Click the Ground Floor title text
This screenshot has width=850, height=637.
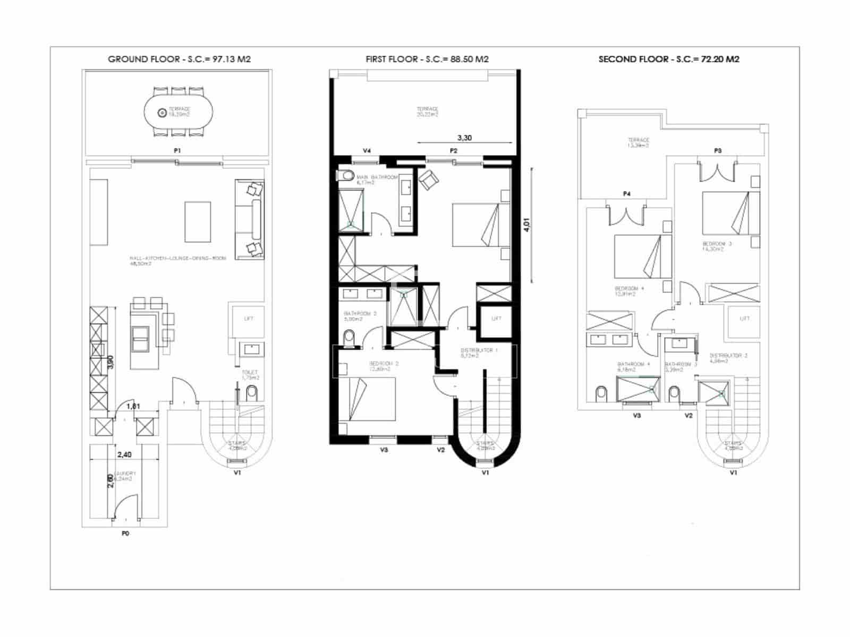point(179,59)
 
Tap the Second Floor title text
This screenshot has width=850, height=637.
point(668,59)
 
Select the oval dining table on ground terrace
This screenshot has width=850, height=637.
point(179,113)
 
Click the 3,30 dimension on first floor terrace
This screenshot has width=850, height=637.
point(464,137)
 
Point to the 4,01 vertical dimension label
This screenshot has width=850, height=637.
point(526,225)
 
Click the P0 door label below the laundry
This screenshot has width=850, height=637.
point(125,533)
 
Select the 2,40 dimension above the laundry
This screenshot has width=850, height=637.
point(124,454)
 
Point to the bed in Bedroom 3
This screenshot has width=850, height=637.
point(730,213)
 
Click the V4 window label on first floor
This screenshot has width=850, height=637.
point(367,151)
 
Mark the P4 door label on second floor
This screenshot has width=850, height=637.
point(626,194)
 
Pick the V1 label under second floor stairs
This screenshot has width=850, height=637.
point(733,472)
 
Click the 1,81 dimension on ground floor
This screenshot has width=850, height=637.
point(133,407)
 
